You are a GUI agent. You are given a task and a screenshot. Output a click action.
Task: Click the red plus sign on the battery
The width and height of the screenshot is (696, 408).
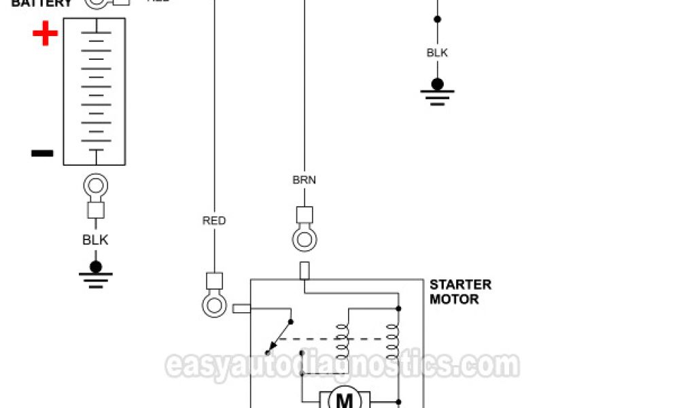coord(46,33)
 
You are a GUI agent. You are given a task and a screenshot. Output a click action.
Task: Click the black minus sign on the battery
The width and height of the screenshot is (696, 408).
coord(42,153)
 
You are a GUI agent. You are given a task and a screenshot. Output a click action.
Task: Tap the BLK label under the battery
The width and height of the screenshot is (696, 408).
coord(95,239)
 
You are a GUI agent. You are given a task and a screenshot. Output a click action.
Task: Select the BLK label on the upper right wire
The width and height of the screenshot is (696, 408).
coord(437,52)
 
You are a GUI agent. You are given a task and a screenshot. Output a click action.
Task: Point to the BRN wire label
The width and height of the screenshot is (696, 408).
coord(304,180)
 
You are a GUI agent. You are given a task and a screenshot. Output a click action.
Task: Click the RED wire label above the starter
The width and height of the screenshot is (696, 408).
coord(214,220)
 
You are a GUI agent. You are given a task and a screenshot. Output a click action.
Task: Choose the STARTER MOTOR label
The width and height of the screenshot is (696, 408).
coord(459,292)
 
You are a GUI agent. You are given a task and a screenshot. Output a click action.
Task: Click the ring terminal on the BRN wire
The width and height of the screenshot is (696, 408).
coord(304,239)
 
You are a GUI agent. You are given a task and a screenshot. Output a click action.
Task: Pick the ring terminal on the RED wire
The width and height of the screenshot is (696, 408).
coord(214,304)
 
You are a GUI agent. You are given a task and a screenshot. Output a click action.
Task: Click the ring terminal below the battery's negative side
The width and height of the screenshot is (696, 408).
coord(95,186)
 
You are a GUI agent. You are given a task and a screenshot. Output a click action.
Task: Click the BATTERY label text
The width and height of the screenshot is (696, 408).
coord(41,3)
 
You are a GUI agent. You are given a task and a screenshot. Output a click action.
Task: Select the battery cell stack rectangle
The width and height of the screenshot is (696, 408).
coord(94,91)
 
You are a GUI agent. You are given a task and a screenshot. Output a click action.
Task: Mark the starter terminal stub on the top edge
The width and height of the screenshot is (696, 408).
coord(304,271)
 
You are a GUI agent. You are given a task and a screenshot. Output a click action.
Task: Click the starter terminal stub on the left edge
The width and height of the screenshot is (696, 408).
coord(241,309)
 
